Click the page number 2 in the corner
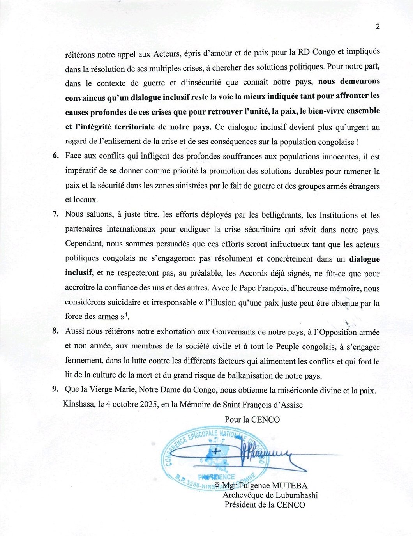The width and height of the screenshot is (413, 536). [378, 27]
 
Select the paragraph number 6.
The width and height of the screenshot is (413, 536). [55, 156]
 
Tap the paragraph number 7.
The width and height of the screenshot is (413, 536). [55, 214]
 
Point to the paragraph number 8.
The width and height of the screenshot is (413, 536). [55, 331]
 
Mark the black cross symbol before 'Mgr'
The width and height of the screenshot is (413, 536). [217, 485]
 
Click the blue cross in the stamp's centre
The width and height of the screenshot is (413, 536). [215, 452]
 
